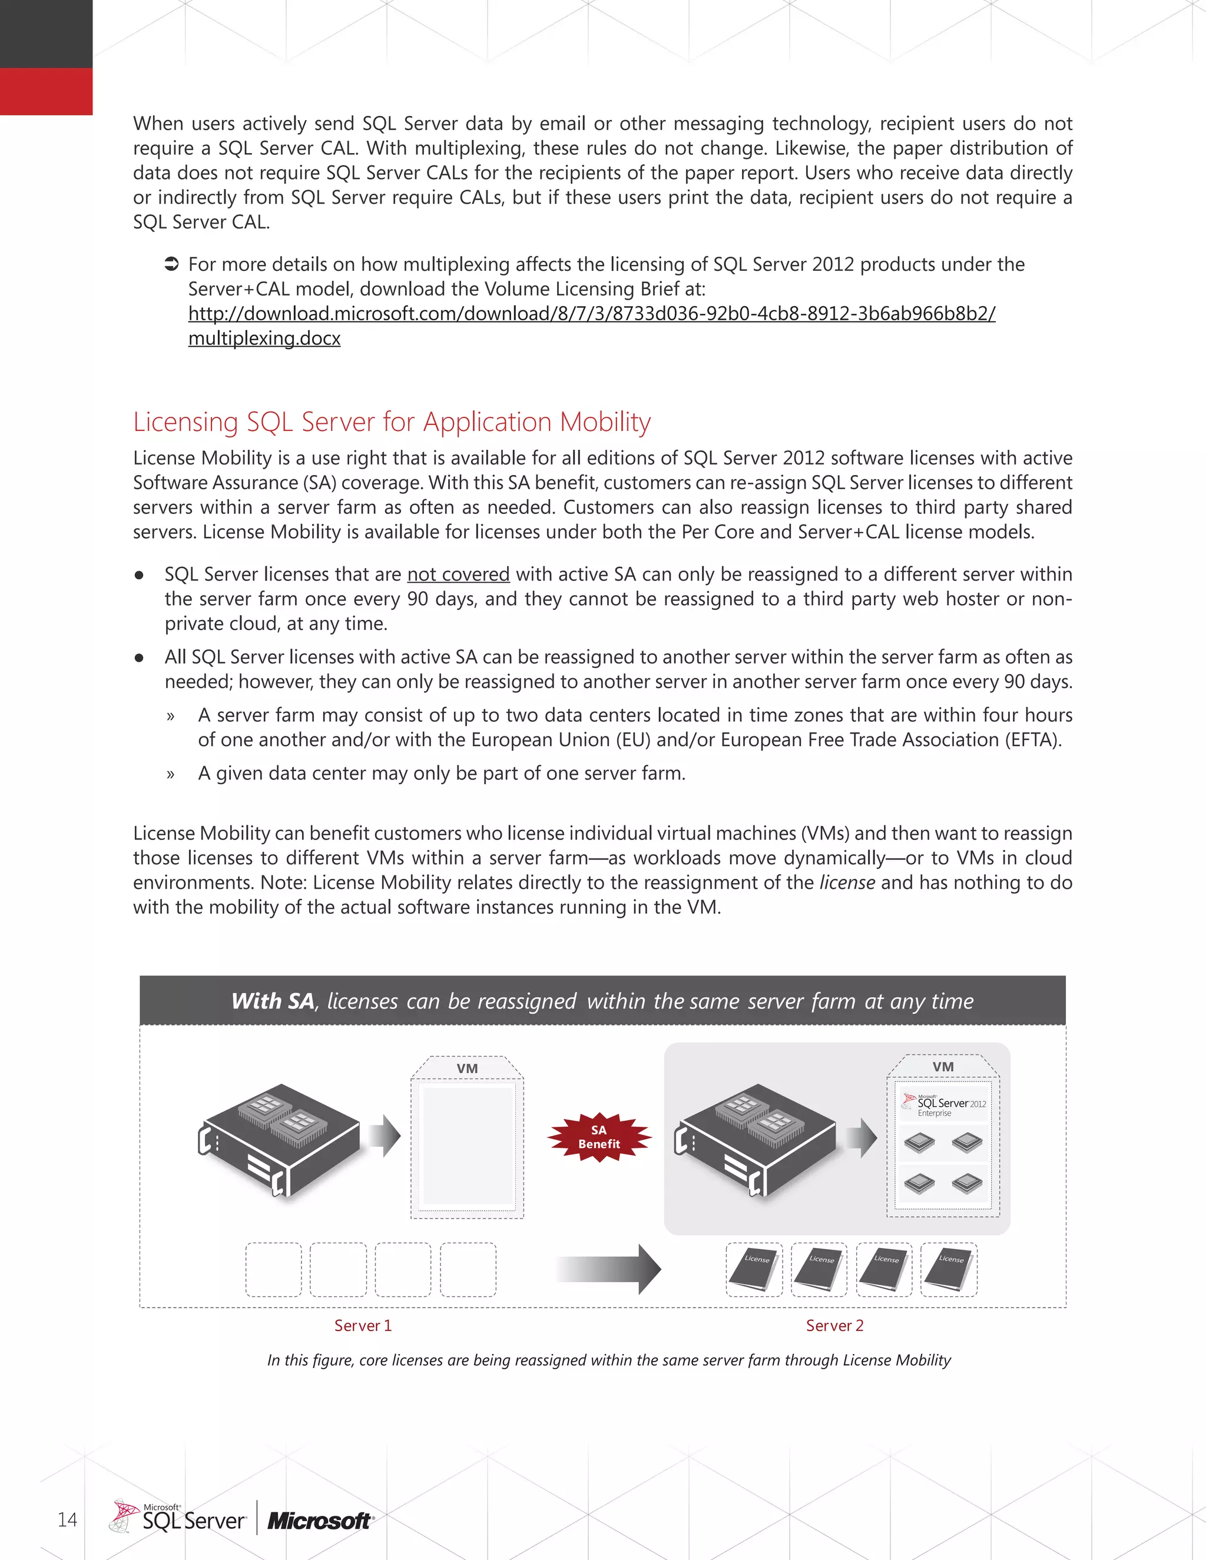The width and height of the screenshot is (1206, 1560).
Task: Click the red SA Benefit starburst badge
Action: [x=599, y=1136]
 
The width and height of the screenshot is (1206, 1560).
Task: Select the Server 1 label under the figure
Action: [x=363, y=1326]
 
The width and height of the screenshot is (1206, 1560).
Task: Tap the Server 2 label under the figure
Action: [x=834, y=1326]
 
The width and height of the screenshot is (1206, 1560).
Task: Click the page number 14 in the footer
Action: [x=67, y=1519]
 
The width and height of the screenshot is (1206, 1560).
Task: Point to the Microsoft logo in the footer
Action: [x=319, y=1521]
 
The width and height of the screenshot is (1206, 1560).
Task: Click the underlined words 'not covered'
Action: [x=458, y=575]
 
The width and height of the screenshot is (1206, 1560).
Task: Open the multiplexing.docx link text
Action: [x=264, y=338]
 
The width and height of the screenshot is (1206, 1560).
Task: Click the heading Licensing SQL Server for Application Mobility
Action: [x=392, y=421]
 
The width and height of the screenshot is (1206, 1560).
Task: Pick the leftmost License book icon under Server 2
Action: [x=754, y=1269]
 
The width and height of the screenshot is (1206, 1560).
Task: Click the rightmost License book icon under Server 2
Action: [x=948, y=1269]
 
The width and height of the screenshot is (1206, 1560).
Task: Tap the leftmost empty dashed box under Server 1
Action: [x=274, y=1269]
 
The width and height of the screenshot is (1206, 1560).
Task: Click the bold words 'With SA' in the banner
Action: [x=273, y=1001]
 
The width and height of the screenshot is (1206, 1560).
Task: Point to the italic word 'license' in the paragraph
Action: [x=847, y=883]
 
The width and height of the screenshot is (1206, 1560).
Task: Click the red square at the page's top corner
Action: [x=46, y=91]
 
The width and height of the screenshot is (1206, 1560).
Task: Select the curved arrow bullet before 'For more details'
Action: [x=171, y=264]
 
